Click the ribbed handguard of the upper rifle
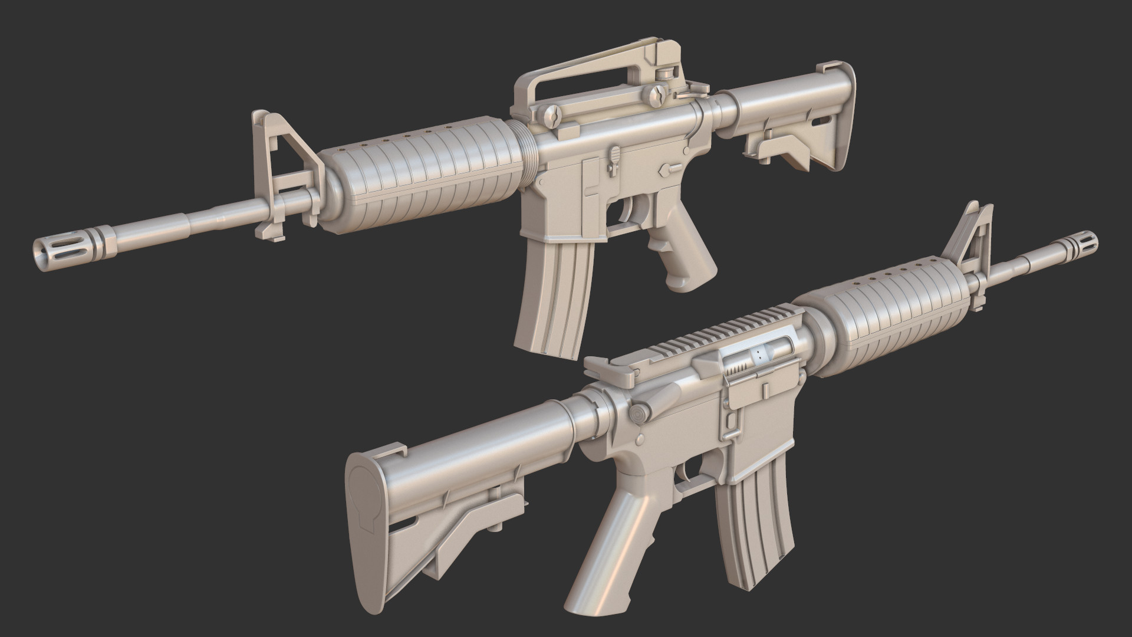pos(424,177)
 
